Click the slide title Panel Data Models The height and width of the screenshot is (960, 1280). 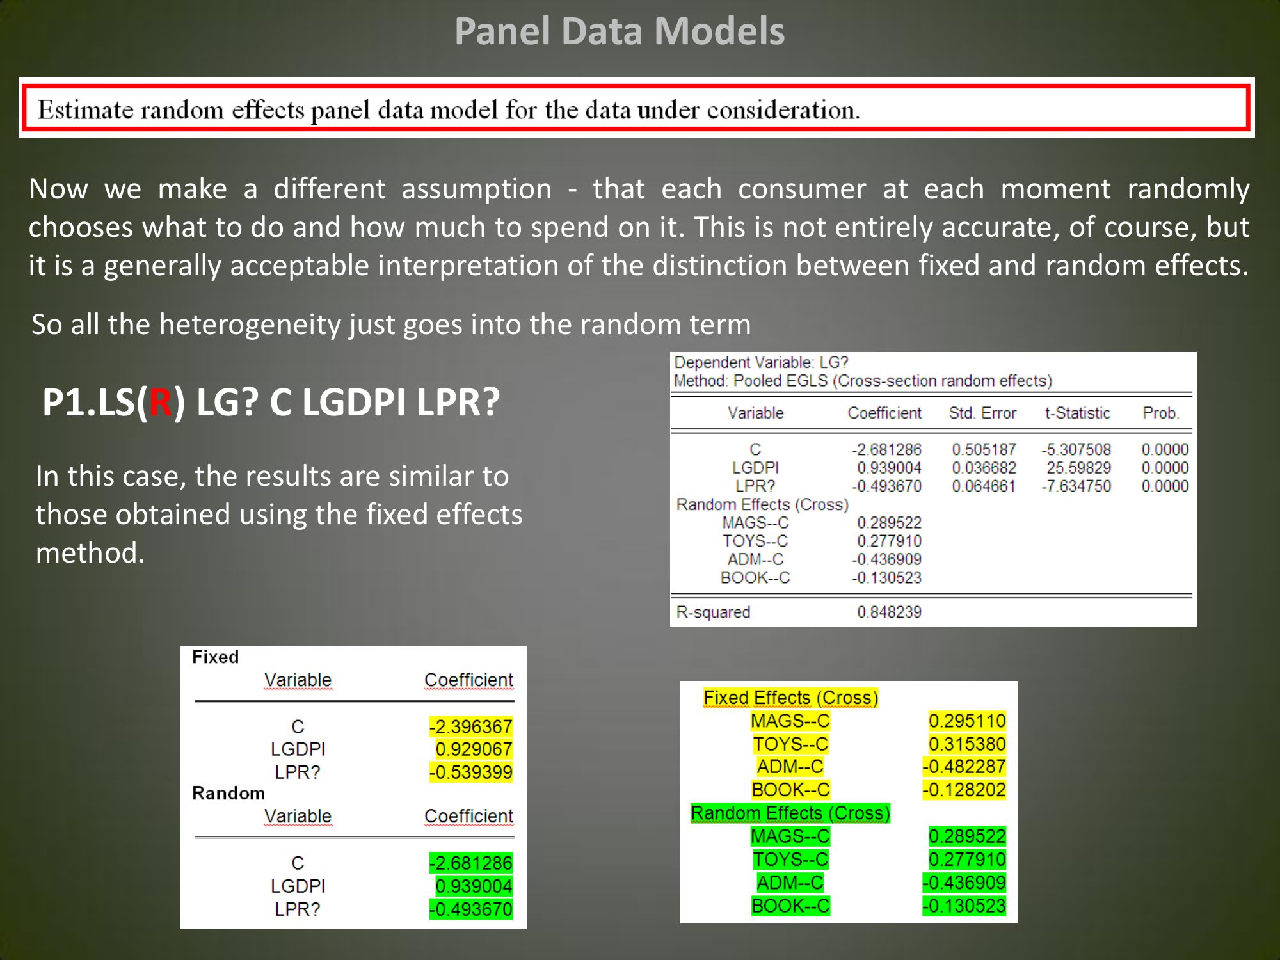620,31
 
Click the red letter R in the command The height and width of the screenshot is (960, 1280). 160,403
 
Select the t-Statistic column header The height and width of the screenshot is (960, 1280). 1077,413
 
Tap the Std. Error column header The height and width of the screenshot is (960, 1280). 982,413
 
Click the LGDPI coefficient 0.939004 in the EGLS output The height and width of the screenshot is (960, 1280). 889,468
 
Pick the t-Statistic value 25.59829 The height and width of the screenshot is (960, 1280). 1078,468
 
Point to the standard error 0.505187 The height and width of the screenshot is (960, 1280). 984,449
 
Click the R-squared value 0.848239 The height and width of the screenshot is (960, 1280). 889,612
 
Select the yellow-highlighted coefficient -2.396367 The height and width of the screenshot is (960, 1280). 470,726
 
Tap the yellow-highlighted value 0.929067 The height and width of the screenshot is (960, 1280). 474,749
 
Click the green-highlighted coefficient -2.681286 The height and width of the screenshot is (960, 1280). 470,863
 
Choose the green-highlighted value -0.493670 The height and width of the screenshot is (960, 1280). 470,909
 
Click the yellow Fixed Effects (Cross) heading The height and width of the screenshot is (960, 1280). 790,698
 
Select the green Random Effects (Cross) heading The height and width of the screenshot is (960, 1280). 790,813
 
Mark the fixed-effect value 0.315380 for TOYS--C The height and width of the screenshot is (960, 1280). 967,744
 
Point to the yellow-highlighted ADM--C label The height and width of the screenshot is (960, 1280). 790,766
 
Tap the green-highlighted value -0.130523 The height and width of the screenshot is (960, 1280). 964,906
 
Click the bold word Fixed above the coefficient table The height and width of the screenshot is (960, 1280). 215,657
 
